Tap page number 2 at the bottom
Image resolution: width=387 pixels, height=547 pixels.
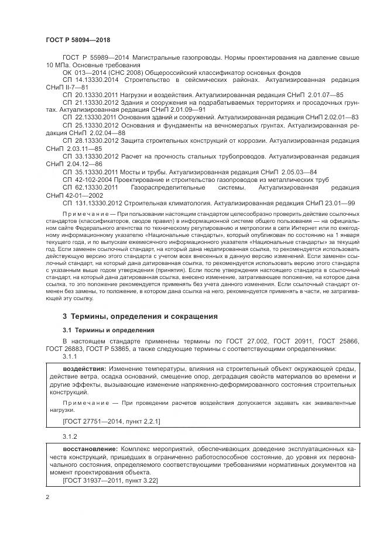(47, 498)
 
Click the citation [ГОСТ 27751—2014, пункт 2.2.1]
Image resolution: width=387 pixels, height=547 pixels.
(111, 421)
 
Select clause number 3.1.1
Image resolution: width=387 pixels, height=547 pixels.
(70, 356)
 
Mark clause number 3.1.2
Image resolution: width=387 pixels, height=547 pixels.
(70, 436)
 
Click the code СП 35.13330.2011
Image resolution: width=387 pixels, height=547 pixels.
(90, 172)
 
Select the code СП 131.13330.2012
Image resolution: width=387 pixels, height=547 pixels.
(91, 202)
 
